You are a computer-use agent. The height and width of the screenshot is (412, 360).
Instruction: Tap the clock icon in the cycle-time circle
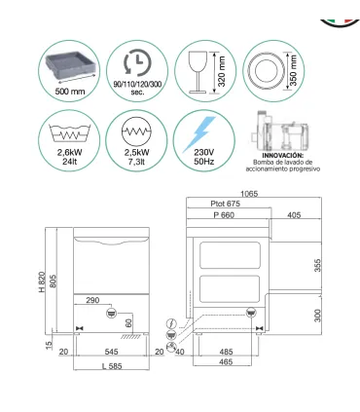coord(138,62)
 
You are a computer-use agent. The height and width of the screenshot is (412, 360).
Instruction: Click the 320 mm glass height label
coord(221,71)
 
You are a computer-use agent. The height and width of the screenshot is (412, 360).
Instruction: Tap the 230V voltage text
coord(202,154)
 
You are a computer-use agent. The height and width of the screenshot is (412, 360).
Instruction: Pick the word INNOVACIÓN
coord(284,155)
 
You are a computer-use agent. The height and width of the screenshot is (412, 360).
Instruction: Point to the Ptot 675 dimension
coord(228,205)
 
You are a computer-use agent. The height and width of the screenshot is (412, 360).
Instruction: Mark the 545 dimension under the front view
coord(115,351)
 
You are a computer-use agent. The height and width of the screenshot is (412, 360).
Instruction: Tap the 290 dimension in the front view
coord(94,300)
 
